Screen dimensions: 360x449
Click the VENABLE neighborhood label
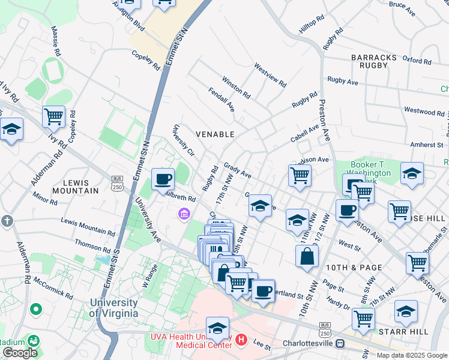215,134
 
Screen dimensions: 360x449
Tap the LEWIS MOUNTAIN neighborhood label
74,187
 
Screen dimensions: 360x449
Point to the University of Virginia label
113,308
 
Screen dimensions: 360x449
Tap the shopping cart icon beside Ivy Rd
53,116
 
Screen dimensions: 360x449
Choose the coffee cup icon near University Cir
163,178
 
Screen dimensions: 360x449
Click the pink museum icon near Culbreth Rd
184,214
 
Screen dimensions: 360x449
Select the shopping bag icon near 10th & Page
307,256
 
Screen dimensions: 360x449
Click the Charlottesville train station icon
340,344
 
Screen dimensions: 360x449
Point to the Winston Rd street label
236,86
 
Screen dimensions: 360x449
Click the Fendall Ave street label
221,100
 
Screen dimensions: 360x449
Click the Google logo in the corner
20,352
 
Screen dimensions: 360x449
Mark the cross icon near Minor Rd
7,221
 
